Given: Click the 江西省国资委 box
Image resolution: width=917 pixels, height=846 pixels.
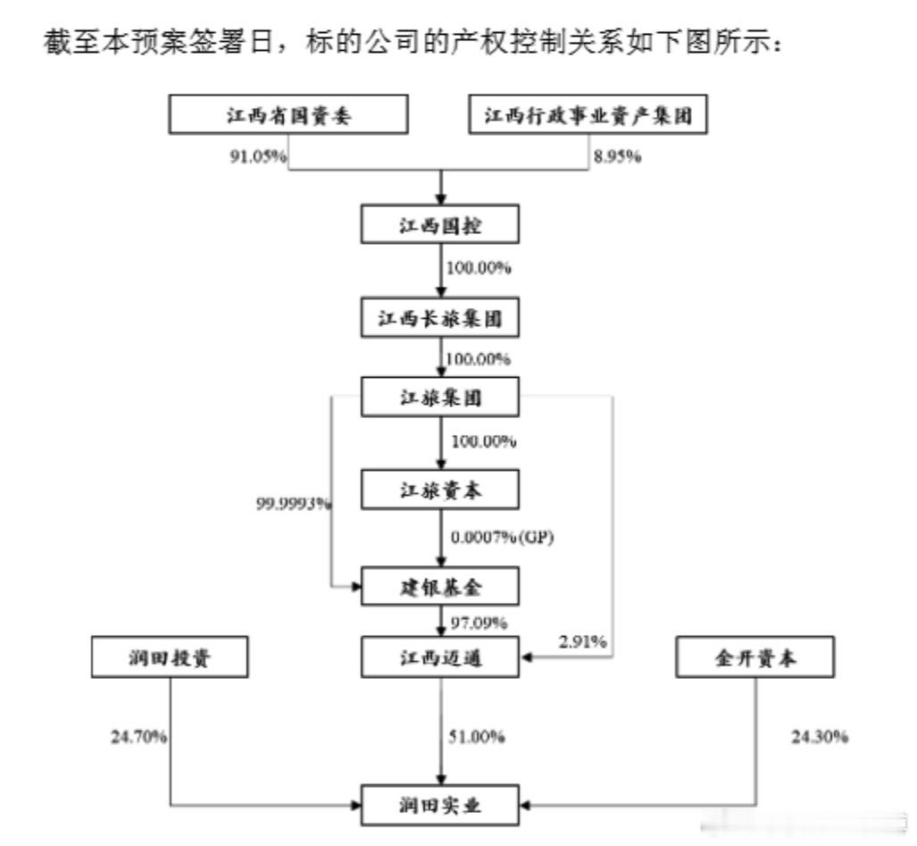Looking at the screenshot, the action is (x=288, y=114).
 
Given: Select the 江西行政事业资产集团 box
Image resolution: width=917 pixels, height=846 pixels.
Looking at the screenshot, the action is (x=588, y=114).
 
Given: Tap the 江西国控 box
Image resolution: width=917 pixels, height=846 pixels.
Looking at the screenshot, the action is (x=440, y=224).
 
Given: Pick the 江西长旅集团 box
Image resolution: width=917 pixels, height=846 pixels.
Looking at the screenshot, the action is (x=440, y=318).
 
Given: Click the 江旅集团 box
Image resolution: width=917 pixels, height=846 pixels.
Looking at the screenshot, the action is (x=440, y=397).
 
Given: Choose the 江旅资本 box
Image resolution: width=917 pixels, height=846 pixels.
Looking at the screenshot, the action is (x=440, y=490).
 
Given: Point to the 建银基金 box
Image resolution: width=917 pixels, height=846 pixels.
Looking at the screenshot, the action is (x=440, y=586).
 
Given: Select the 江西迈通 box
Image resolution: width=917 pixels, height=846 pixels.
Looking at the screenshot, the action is (x=440, y=657).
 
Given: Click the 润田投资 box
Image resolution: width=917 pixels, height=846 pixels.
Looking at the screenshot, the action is (x=170, y=657).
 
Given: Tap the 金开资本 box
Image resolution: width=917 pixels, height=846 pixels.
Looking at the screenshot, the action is (x=755, y=657).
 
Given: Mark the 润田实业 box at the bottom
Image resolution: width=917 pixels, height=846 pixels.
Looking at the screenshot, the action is (x=440, y=806).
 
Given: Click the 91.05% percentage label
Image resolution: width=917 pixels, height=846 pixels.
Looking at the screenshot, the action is (x=258, y=156).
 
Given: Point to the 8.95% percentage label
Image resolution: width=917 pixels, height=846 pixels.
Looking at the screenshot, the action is (x=618, y=156).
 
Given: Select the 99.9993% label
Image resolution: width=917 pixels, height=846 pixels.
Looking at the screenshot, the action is (x=294, y=503).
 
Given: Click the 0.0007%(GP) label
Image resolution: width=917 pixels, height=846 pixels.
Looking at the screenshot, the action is (x=503, y=537).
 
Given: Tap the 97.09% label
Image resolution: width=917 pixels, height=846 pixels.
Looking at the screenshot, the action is (x=479, y=623).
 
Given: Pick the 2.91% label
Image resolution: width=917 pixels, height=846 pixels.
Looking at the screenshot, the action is (x=582, y=641).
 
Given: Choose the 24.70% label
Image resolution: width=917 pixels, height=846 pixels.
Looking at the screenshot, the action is (x=139, y=736).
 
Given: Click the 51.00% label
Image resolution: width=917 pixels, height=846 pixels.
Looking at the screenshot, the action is (x=477, y=736).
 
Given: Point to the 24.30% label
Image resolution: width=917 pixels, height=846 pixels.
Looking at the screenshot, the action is (x=820, y=736).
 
